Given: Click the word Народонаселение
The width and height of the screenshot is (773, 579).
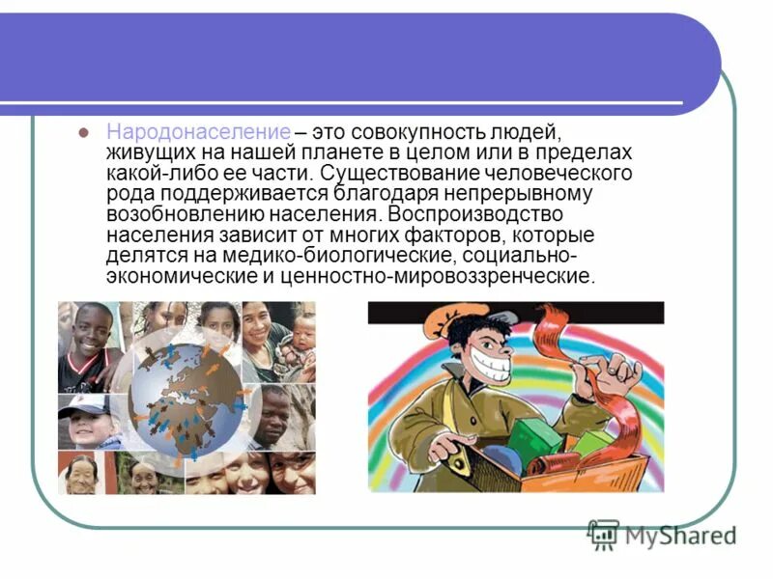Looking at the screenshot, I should [x=198, y=131].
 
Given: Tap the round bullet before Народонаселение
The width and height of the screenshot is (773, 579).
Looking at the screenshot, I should [x=83, y=131].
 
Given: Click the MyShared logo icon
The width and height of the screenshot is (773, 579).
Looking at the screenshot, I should [x=604, y=534].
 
